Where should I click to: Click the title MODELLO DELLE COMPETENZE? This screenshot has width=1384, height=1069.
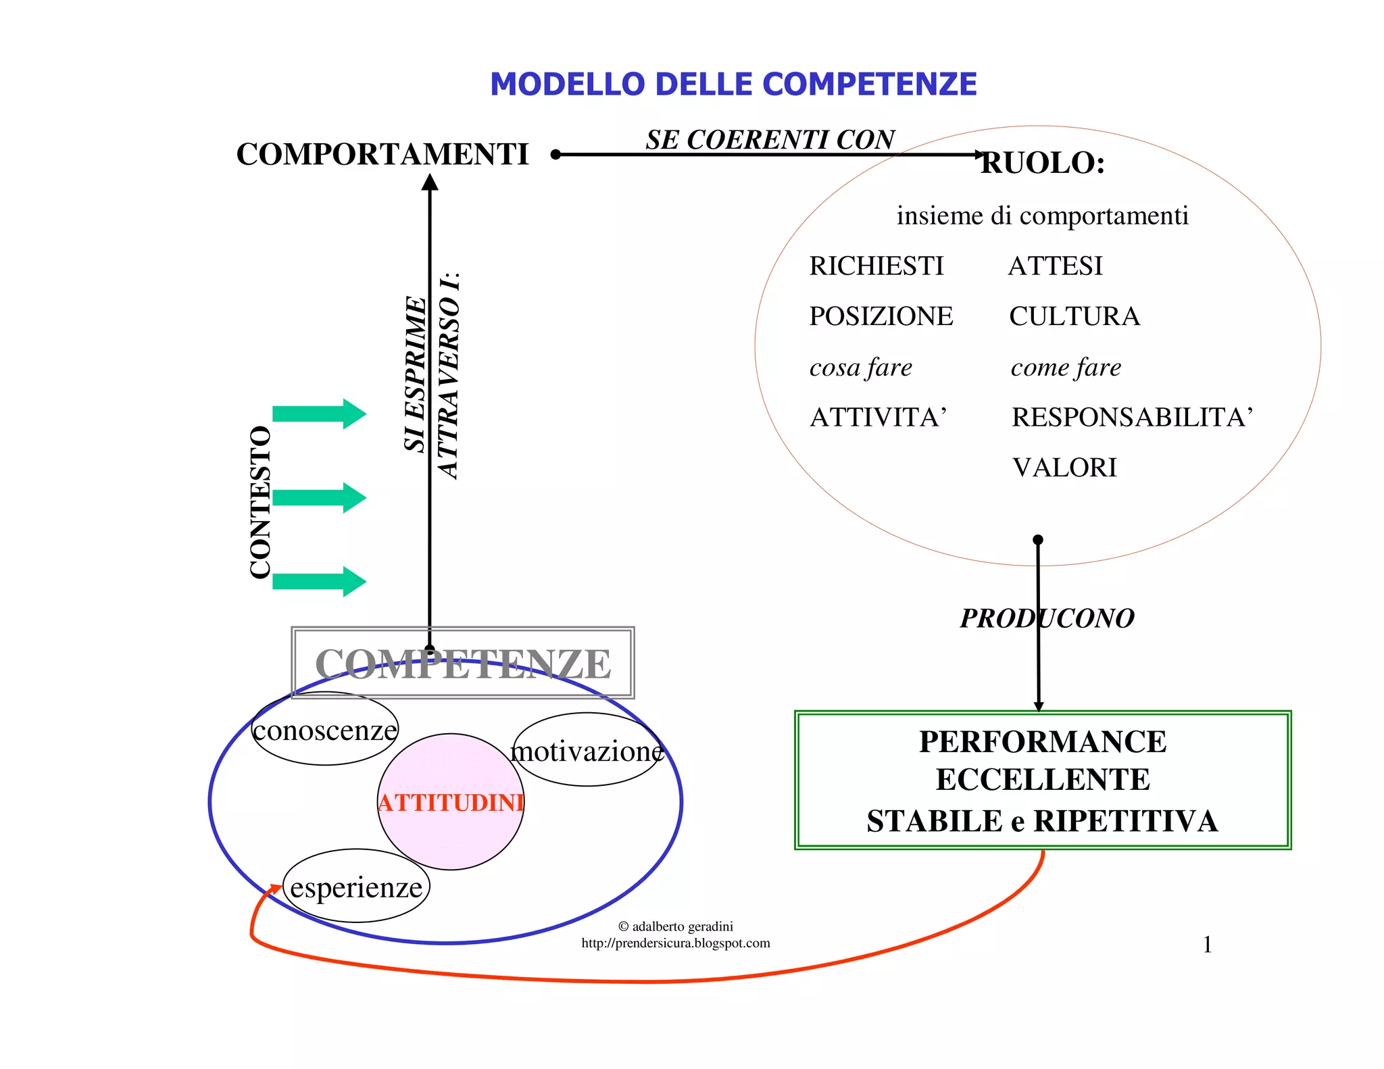click(x=733, y=84)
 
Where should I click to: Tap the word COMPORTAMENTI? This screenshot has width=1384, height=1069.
click(x=382, y=155)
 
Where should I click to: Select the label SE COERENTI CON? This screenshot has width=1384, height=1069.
click(x=770, y=140)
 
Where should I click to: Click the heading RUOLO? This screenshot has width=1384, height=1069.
click(x=1042, y=163)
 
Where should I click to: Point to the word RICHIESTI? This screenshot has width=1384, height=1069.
click(x=876, y=266)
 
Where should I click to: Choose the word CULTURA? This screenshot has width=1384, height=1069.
click(x=1074, y=316)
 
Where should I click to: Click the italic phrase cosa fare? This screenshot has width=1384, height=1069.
click(x=860, y=368)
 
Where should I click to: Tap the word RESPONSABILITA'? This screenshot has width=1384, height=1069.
click(x=1132, y=418)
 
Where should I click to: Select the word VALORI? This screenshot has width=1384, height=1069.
click(x=1064, y=468)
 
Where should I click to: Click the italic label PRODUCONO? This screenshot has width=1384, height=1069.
click(x=1047, y=618)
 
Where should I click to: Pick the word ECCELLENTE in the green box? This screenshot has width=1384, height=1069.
click(x=1042, y=780)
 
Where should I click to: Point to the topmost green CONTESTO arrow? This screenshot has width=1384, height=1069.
click(x=319, y=414)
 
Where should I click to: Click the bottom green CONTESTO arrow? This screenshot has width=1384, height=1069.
click(x=319, y=582)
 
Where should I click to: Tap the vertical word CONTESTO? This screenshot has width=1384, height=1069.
click(x=260, y=502)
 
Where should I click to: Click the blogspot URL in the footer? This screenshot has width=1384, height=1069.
click(x=675, y=943)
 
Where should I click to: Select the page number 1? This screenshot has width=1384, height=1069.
click(x=1207, y=945)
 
